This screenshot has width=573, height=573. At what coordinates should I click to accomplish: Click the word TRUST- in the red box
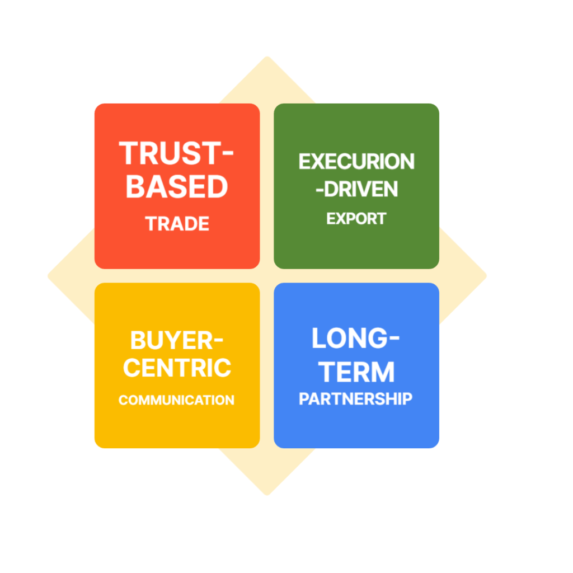pyautogui.click(x=176, y=153)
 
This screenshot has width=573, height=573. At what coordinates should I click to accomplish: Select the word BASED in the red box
pyautogui.click(x=176, y=186)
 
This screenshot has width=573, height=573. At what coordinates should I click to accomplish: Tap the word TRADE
pyautogui.click(x=177, y=224)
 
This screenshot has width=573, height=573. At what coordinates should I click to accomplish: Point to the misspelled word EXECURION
pyautogui.click(x=356, y=162)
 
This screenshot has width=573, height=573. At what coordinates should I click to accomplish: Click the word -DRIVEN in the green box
pyautogui.click(x=356, y=189)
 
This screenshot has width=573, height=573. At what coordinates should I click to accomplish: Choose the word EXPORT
pyautogui.click(x=356, y=218)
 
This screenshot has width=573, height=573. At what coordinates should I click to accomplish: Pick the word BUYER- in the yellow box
pyautogui.click(x=176, y=340)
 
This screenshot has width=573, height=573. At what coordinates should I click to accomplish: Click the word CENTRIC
pyautogui.click(x=177, y=368)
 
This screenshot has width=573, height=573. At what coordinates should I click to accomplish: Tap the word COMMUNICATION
pyautogui.click(x=176, y=401)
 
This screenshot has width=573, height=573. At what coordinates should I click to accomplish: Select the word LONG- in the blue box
pyautogui.click(x=356, y=339)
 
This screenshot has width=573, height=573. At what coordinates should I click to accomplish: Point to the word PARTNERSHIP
pyautogui.click(x=355, y=399)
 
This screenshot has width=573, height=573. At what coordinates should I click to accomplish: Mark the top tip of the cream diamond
pyautogui.click(x=267, y=56)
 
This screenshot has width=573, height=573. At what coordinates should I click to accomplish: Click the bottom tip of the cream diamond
pyautogui.click(x=267, y=496)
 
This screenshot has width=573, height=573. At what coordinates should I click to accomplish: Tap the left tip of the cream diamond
pyautogui.click(x=47, y=275)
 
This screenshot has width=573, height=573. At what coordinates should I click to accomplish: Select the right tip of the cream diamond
pyautogui.click(x=487, y=275)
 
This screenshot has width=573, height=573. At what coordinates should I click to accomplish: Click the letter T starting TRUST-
pyautogui.click(x=129, y=153)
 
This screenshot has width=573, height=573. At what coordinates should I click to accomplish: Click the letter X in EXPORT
pyautogui.click(x=339, y=218)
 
